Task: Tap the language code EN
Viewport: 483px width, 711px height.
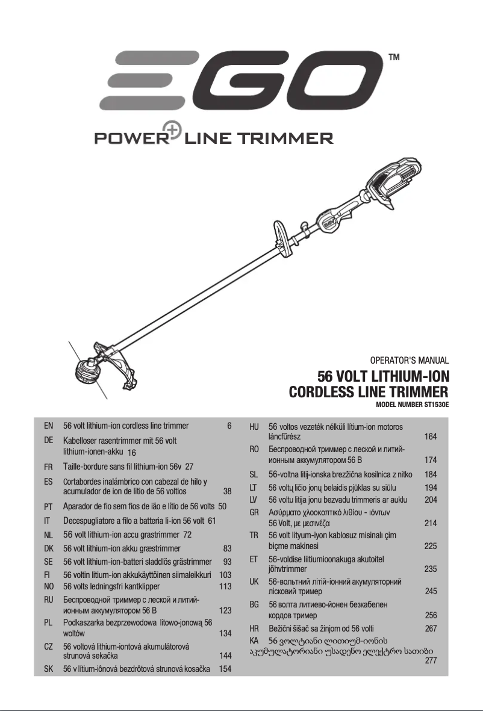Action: point(49,426)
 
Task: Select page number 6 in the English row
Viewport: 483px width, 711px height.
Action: point(229,426)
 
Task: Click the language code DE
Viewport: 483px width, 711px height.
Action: point(49,441)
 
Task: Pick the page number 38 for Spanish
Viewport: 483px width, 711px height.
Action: point(227,491)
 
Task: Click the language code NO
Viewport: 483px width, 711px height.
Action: point(49,586)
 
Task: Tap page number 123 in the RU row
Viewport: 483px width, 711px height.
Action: point(226,610)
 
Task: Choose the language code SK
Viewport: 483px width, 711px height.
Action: point(49,669)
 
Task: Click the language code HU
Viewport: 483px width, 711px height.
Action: point(254,426)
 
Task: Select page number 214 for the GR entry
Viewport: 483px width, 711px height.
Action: point(431,523)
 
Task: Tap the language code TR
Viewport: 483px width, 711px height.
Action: point(254,535)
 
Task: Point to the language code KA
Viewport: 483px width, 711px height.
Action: point(254,640)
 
